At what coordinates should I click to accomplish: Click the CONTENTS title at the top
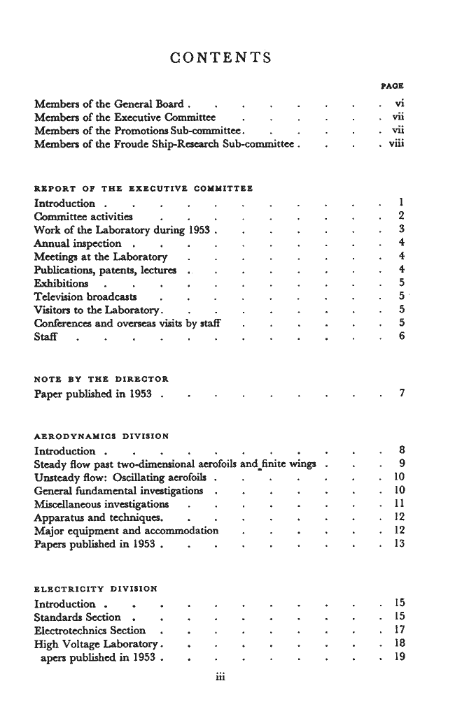[221, 57]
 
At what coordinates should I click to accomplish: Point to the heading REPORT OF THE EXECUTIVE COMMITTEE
[143, 188]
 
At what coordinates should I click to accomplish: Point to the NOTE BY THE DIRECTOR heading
[101, 379]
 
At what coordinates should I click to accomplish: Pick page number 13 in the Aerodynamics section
[400, 544]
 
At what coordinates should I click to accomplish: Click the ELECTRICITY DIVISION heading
[96, 587]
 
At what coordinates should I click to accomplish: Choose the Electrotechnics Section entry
[90, 631]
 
